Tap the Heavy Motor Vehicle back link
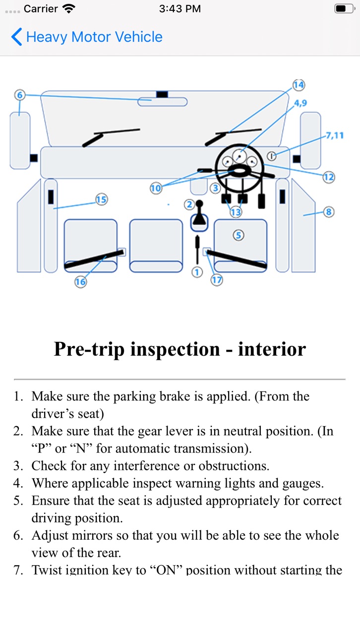(x=87, y=37)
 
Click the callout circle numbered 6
(x=20, y=95)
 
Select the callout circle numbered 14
(x=299, y=85)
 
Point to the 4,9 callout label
(x=300, y=103)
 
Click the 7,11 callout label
(x=335, y=135)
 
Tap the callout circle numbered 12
(x=329, y=177)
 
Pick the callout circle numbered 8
(x=329, y=212)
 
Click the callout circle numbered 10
(x=156, y=188)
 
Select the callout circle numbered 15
(x=101, y=199)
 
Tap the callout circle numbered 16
(x=80, y=282)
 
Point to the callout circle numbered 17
(x=217, y=280)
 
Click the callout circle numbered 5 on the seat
(x=239, y=236)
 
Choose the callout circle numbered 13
(x=236, y=212)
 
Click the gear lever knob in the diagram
(x=199, y=203)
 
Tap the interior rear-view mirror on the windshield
(x=163, y=102)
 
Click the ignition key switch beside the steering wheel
(x=272, y=156)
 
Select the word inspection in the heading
(x=175, y=349)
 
